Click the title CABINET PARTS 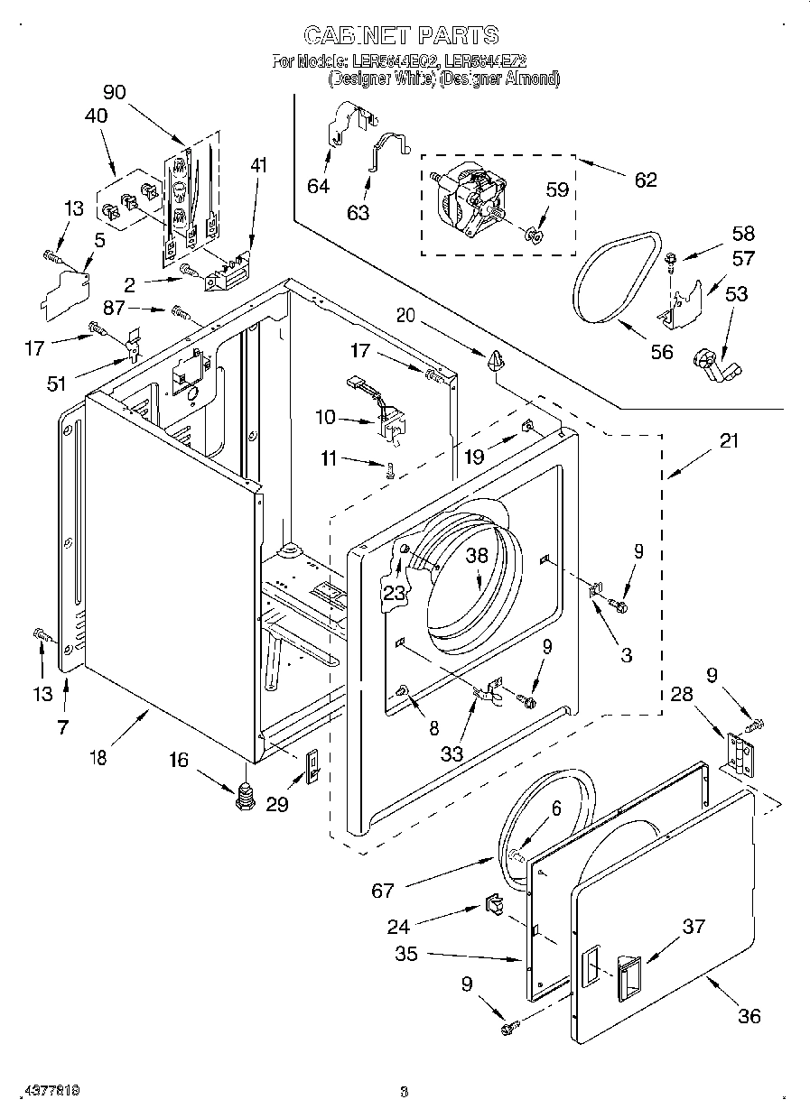pos(401,35)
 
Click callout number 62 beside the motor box pos(645,180)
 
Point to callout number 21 pos(729,441)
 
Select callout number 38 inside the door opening pos(476,556)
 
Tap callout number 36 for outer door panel pos(749,1016)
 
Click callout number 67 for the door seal pos(383,892)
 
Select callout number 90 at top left pos(115,91)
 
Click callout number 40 pos(96,115)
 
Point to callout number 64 pos(318,186)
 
